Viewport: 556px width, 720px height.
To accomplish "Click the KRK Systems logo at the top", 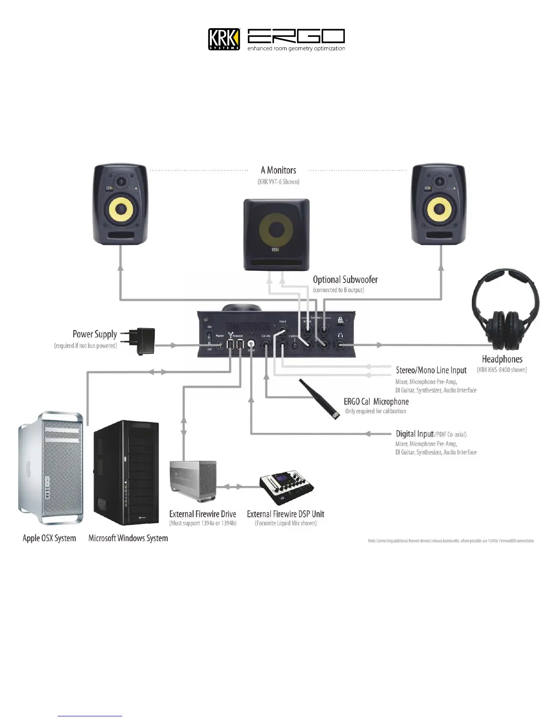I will tap(224, 39).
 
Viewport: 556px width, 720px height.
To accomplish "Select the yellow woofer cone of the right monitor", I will tap(440, 210).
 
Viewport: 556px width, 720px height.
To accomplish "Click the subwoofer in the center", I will tap(276, 235).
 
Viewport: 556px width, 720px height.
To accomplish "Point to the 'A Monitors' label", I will tap(278, 170).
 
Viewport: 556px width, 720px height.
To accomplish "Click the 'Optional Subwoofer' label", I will tap(345, 280).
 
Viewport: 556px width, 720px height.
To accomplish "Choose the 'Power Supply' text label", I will tap(94, 335).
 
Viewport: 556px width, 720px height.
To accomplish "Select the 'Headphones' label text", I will tap(502, 360).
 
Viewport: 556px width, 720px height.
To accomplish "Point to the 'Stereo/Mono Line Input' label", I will tap(431, 370).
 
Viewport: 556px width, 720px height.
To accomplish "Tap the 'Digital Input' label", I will tap(414, 434).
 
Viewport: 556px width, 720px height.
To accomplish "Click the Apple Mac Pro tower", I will tap(50, 468).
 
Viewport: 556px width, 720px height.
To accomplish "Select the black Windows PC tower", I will tap(126, 473).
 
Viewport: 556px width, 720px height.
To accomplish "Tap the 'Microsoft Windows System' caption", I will tap(128, 538).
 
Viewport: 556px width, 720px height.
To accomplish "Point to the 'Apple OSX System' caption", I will tap(49, 538).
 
